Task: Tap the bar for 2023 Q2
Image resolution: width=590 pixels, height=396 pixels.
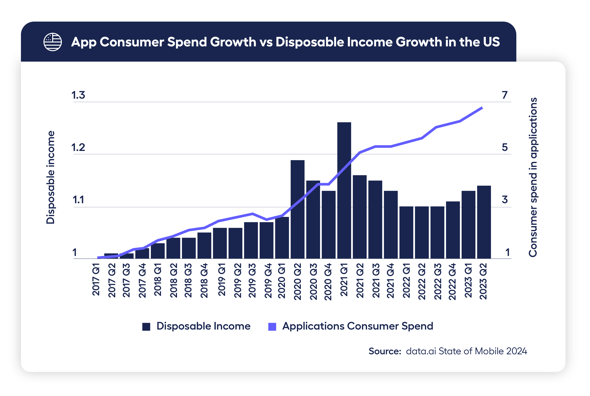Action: pyautogui.click(x=484, y=222)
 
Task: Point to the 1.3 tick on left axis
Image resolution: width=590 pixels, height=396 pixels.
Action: pyautogui.click(x=78, y=95)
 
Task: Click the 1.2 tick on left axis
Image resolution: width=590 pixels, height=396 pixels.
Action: pyautogui.click(x=78, y=148)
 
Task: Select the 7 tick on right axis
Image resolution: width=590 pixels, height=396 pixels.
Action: pyautogui.click(x=504, y=95)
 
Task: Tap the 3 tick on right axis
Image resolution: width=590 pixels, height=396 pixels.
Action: pyautogui.click(x=504, y=199)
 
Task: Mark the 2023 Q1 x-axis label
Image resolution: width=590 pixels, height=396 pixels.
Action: pyautogui.click(x=468, y=280)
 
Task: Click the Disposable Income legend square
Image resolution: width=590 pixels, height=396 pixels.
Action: pyautogui.click(x=146, y=327)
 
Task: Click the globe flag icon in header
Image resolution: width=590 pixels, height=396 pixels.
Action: pyautogui.click(x=53, y=42)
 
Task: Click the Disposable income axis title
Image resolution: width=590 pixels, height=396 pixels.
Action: pyautogui.click(x=51, y=177)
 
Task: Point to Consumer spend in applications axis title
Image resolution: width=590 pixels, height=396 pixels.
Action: pyautogui.click(x=533, y=177)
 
